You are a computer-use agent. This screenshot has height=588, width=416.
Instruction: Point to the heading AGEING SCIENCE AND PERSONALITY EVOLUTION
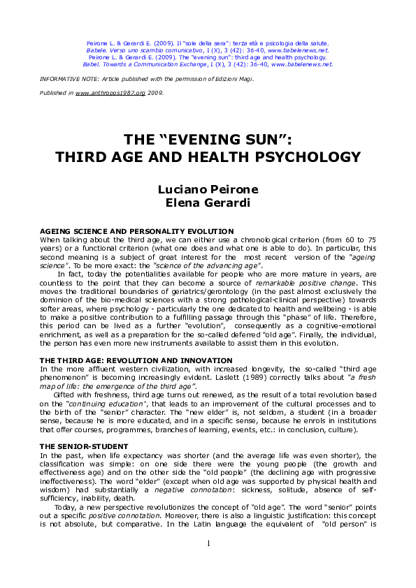[x=136, y=231]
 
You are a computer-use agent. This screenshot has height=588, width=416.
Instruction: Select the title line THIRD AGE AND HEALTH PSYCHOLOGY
[x=208, y=156]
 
